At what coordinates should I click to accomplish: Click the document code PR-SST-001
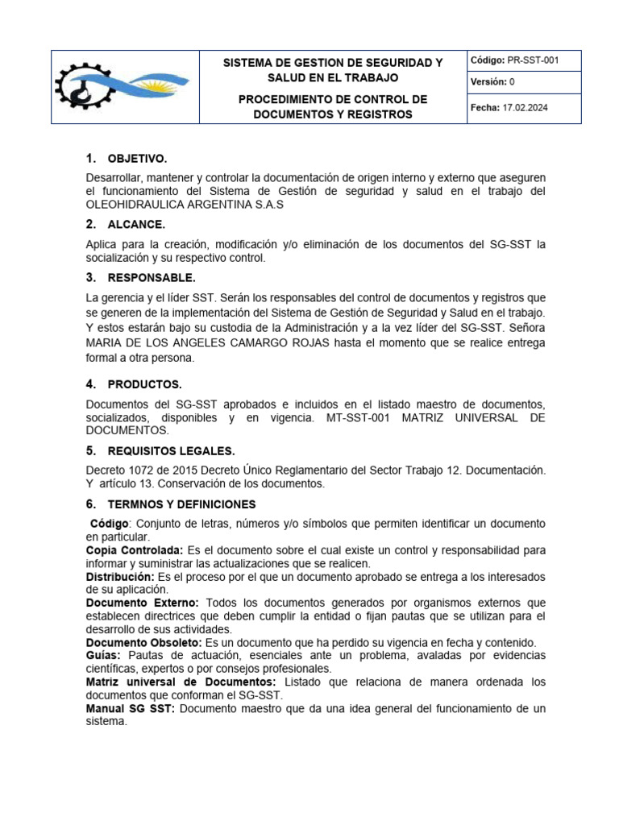coord(532,60)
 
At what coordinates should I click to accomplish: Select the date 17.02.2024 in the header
coord(525,108)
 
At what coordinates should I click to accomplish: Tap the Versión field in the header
coord(492,82)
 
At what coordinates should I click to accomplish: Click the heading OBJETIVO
coord(138,158)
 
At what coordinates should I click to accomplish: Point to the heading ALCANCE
coord(136,224)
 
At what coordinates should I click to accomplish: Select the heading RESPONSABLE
coord(152,278)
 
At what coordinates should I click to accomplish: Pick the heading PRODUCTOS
coord(145,383)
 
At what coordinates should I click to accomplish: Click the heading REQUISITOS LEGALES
coord(172,450)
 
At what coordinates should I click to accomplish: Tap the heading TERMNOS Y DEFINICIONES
coord(182,504)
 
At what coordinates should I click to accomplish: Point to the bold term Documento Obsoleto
coord(144,642)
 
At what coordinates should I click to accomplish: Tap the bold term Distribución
coord(120,577)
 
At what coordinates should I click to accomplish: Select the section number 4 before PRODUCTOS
coord(90,383)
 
